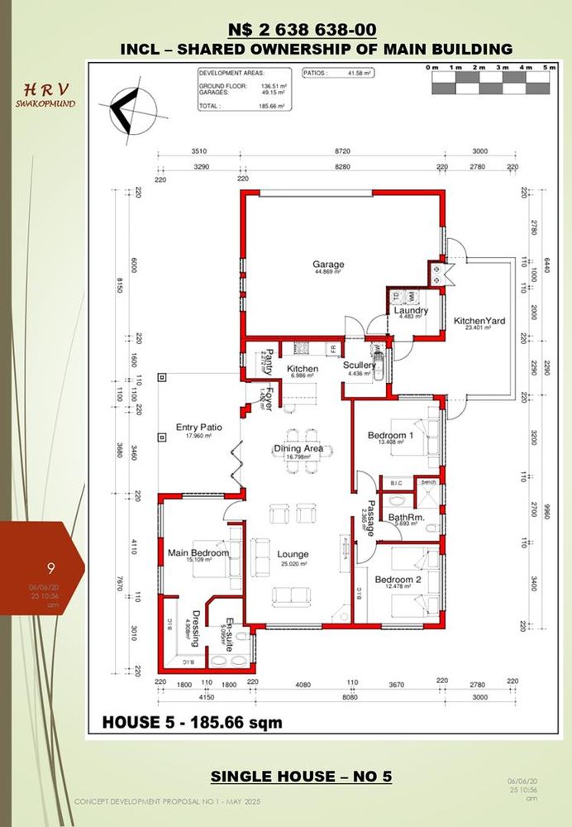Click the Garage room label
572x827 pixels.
[328, 265]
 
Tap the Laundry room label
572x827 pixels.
[411, 311]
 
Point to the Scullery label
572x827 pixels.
[360, 365]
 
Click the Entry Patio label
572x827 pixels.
[198, 428]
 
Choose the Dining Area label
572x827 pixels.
[304, 449]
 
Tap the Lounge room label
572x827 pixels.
[293, 554]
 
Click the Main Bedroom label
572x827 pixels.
[192, 552]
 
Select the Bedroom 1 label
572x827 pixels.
[390, 435]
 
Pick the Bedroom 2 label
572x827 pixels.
[398, 580]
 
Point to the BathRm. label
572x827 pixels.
[406, 517]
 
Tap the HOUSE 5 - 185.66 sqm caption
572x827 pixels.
[192, 722]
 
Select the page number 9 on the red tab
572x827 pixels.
[51, 567]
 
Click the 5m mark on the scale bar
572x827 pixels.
[548, 66]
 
